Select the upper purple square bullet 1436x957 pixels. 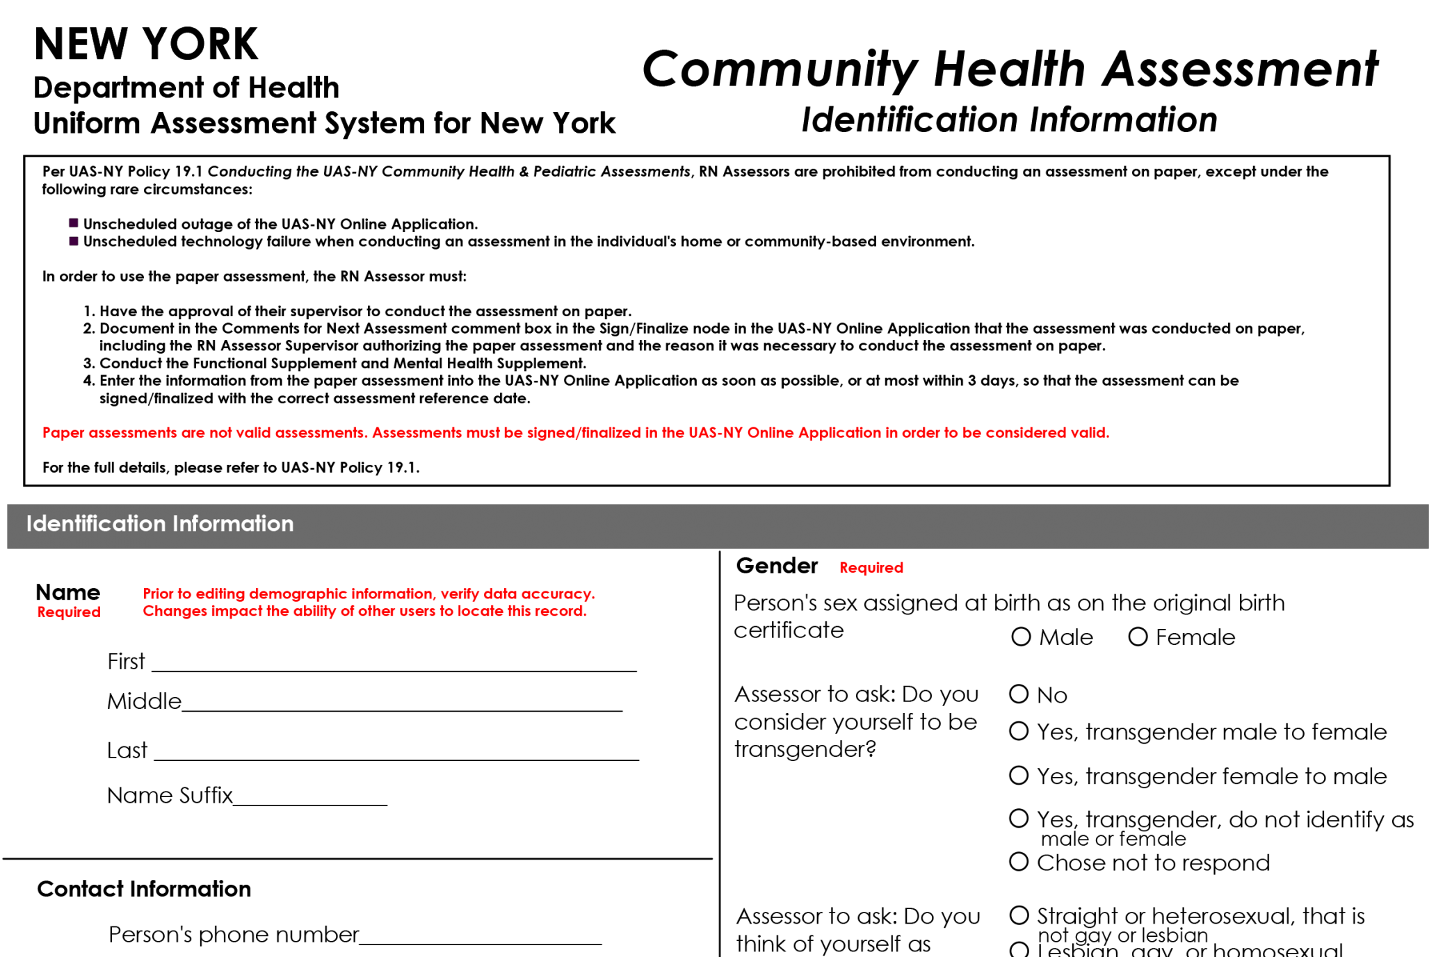tap(74, 223)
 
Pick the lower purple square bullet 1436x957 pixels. tap(74, 241)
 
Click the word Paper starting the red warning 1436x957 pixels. tap(63, 433)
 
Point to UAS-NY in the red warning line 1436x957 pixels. tap(716, 433)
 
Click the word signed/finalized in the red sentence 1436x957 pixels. tap(583, 433)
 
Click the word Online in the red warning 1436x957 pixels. tap(771, 433)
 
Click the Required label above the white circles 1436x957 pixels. tap(871, 568)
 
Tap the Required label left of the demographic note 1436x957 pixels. tap(68, 612)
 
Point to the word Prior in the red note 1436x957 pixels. tap(158, 594)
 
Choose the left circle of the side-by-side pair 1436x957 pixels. tap(1021, 637)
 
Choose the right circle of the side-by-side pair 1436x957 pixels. tap(1138, 637)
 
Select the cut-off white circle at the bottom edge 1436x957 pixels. tap(1019, 950)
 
